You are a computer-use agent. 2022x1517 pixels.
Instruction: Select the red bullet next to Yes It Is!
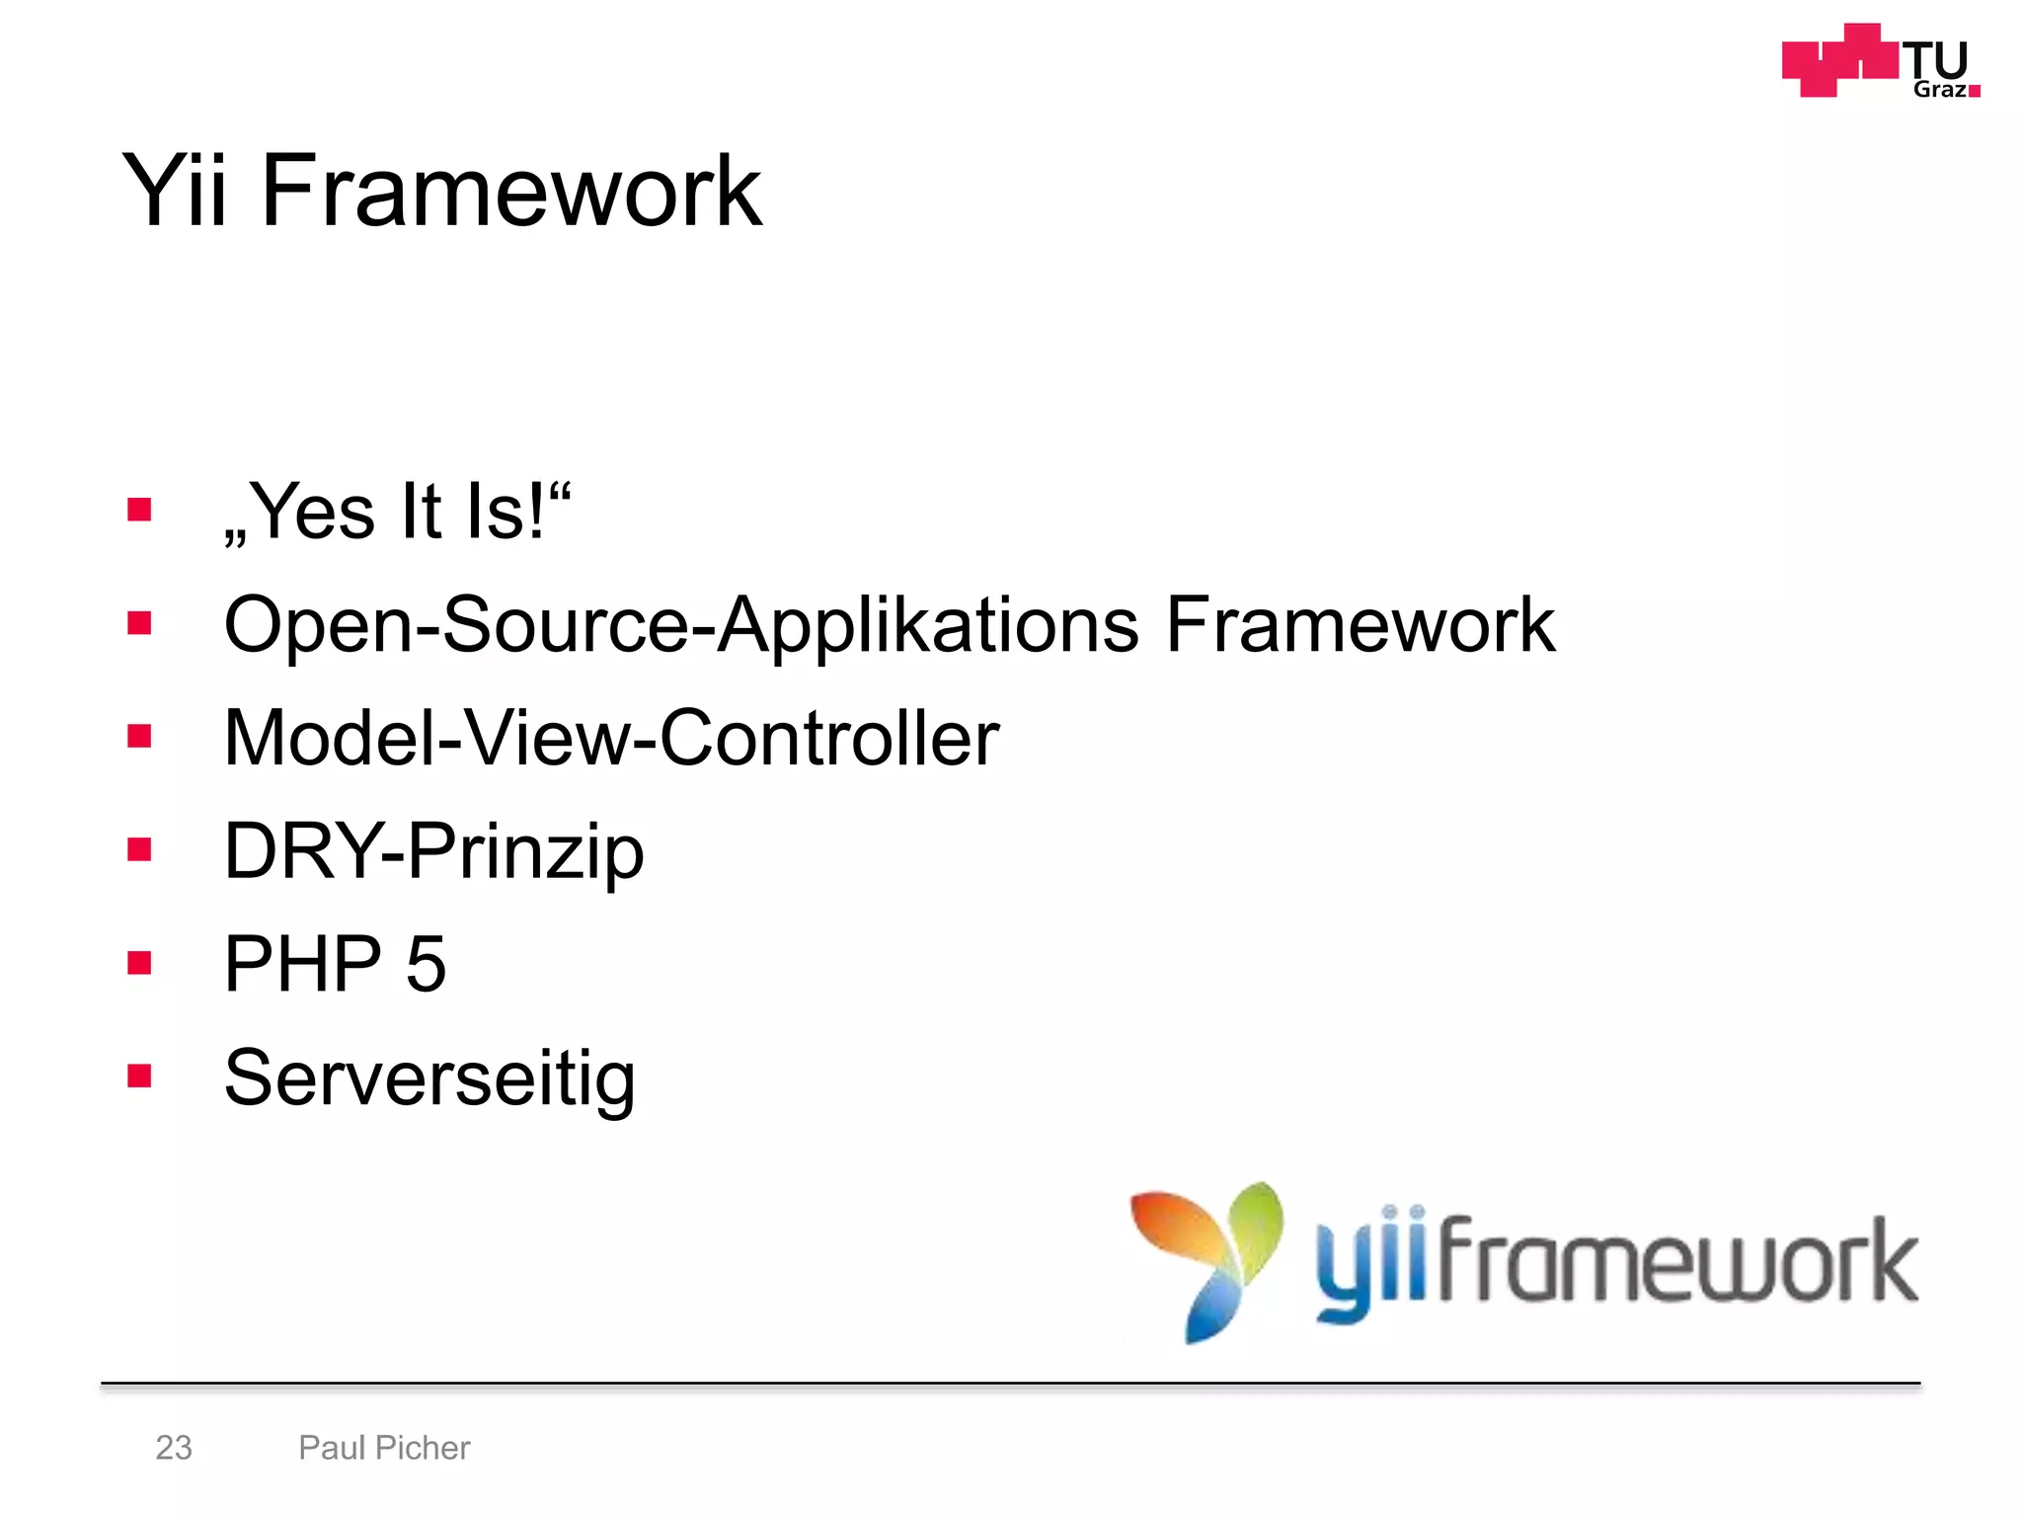coord(139,510)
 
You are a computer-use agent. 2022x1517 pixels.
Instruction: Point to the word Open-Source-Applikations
coord(681,625)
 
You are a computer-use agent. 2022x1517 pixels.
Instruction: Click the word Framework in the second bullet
coord(1360,625)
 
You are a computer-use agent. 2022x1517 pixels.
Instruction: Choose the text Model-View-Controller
coord(611,739)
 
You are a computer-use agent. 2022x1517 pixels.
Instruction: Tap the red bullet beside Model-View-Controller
coord(139,736)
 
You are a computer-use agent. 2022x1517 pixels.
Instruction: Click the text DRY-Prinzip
coord(433,851)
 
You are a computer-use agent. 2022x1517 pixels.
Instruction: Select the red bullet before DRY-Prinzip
coord(139,849)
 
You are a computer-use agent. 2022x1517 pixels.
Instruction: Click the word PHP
coord(302,964)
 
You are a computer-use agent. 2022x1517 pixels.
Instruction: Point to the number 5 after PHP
coord(426,964)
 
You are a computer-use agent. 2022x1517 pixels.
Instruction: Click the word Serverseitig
coord(429,1078)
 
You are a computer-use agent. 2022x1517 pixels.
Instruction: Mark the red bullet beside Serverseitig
coord(139,1076)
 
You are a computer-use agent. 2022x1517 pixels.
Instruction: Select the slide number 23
coord(174,1448)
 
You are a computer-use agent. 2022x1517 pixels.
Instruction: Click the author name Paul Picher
coord(384,1448)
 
